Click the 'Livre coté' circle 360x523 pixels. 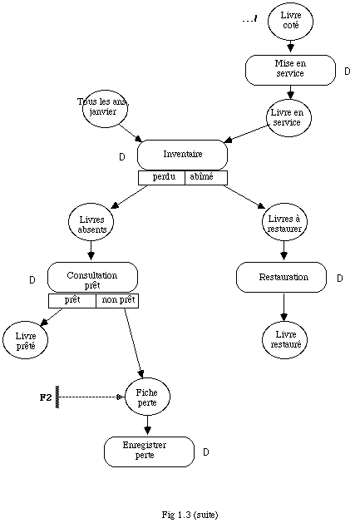click(x=290, y=21)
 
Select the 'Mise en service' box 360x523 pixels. click(x=290, y=70)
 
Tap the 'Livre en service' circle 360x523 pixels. click(x=288, y=118)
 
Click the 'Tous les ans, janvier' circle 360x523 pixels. click(x=105, y=109)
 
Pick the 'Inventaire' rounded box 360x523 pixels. click(x=182, y=155)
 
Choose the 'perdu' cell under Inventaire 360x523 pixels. click(x=161, y=177)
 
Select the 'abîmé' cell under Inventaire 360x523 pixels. click(x=206, y=177)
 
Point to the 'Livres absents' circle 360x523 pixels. click(x=91, y=222)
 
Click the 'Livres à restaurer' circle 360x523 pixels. click(x=284, y=222)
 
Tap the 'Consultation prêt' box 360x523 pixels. click(x=92, y=277)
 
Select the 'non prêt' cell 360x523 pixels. click(x=117, y=301)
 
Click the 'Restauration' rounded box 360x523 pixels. click(x=281, y=277)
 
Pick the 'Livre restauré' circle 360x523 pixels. click(x=284, y=340)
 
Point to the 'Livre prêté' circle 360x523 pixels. click(x=25, y=340)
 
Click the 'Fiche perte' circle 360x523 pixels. click(x=147, y=397)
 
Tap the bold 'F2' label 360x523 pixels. click(x=46, y=397)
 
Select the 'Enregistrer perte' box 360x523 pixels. click(x=149, y=451)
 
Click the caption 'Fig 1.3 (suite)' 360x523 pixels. click(x=190, y=515)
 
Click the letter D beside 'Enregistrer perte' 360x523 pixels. click(x=206, y=452)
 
